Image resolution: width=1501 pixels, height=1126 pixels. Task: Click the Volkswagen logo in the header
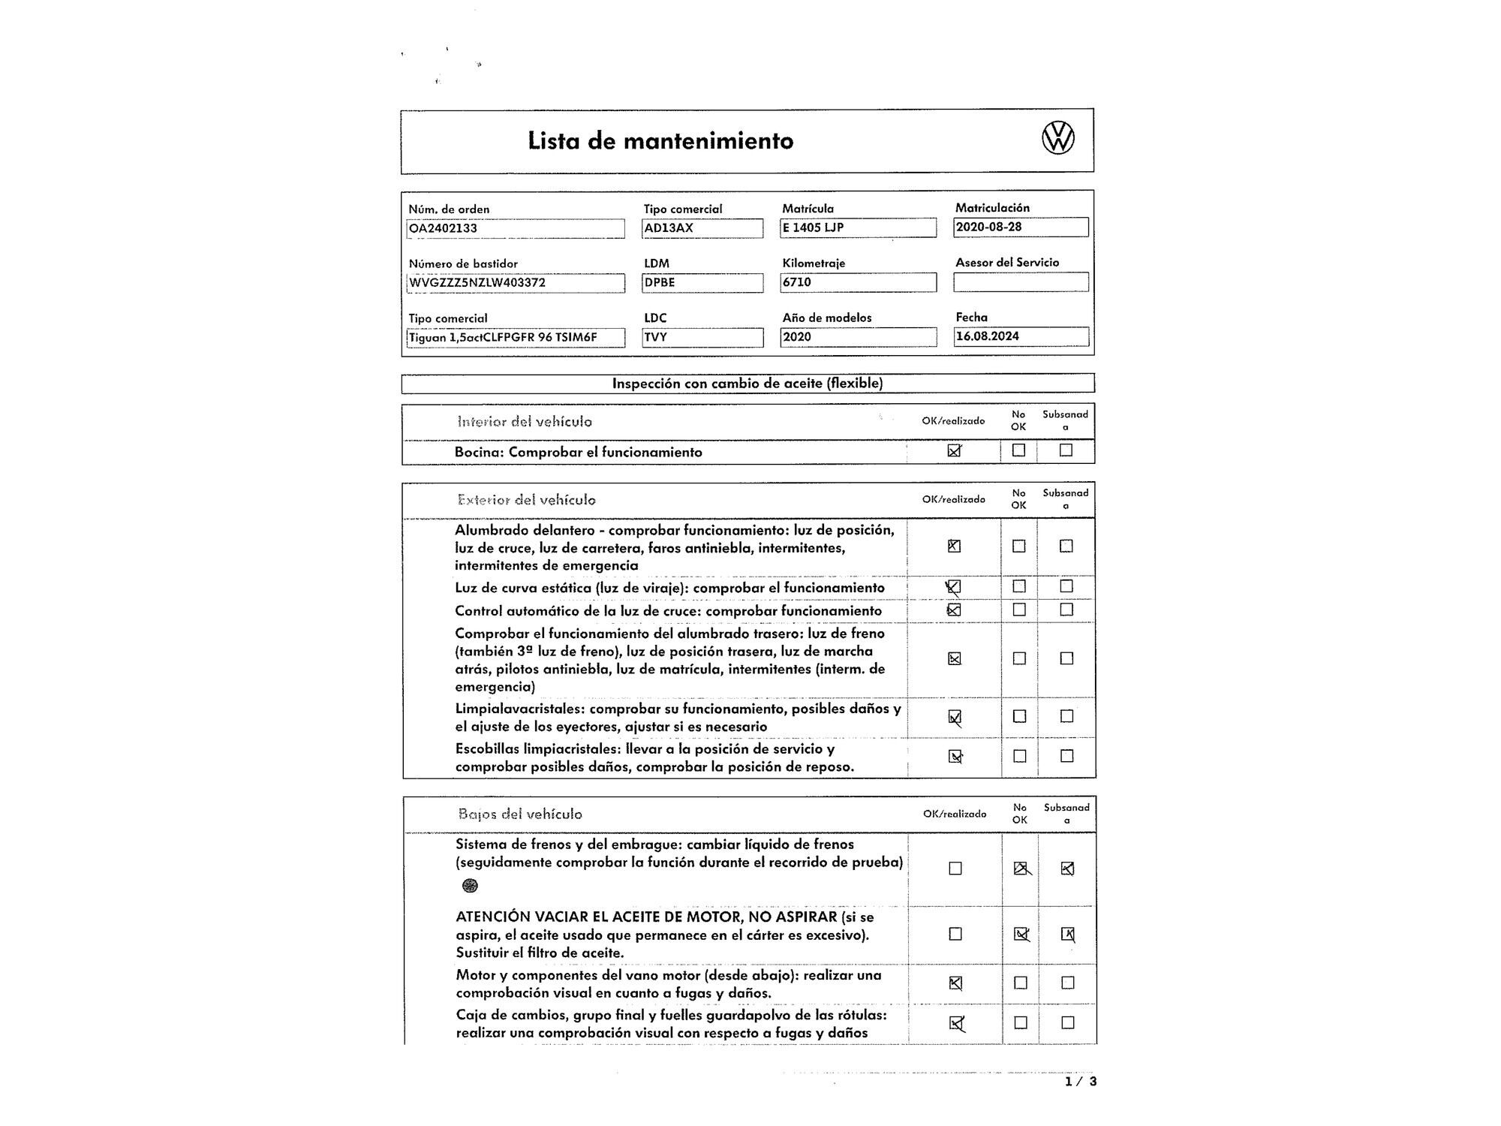pos(1058,139)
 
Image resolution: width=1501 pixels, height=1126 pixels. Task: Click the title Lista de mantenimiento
pos(660,141)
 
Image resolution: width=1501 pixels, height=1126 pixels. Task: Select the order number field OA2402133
pos(516,228)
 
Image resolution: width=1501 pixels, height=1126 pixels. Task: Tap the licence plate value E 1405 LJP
pos(858,227)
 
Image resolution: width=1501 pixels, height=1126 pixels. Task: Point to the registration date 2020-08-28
pos(1021,227)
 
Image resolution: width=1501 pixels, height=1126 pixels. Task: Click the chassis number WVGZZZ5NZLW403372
pos(516,283)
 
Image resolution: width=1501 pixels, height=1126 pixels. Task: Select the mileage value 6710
pos(858,282)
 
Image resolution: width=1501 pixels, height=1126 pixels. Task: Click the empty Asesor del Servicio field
pos(1021,282)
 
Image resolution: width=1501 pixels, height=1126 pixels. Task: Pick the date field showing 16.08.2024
pos(1021,336)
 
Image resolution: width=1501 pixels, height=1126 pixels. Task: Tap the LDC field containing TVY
pos(702,337)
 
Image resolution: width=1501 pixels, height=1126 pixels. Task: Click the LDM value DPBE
pos(702,283)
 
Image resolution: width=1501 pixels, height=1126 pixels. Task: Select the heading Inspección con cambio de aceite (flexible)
pos(747,384)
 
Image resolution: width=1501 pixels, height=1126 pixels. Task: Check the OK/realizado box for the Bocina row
pos(955,450)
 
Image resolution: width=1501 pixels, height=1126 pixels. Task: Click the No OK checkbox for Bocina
pos(1018,450)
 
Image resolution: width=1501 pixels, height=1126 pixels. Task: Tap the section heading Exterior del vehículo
pos(526,500)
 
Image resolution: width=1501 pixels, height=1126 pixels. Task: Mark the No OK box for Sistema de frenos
pos(1020,869)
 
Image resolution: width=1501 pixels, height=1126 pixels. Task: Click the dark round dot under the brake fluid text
pos(470,886)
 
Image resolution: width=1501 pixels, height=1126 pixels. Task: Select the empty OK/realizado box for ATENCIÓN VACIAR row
pos(955,934)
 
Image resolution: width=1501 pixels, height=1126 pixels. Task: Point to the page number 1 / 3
pos(1081,1082)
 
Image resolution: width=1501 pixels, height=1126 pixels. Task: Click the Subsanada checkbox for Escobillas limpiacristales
pos(1066,756)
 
